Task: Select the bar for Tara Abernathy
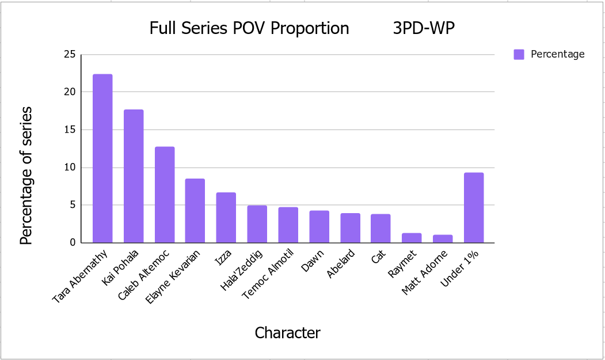tap(102, 158)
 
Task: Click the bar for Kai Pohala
tap(134, 176)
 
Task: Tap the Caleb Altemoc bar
tap(165, 195)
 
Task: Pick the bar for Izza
tap(226, 218)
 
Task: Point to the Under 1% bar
tap(474, 208)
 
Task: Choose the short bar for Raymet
tap(412, 238)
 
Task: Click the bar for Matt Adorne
tap(443, 238)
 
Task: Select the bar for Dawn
tap(319, 227)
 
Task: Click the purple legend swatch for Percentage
tap(519, 55)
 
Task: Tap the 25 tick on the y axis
tap(70, 55)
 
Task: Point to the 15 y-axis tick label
tap(70, 130)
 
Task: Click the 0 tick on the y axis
tap(73, 242)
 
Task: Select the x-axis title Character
tap(287, 333)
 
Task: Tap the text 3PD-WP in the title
tap(424, 28)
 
